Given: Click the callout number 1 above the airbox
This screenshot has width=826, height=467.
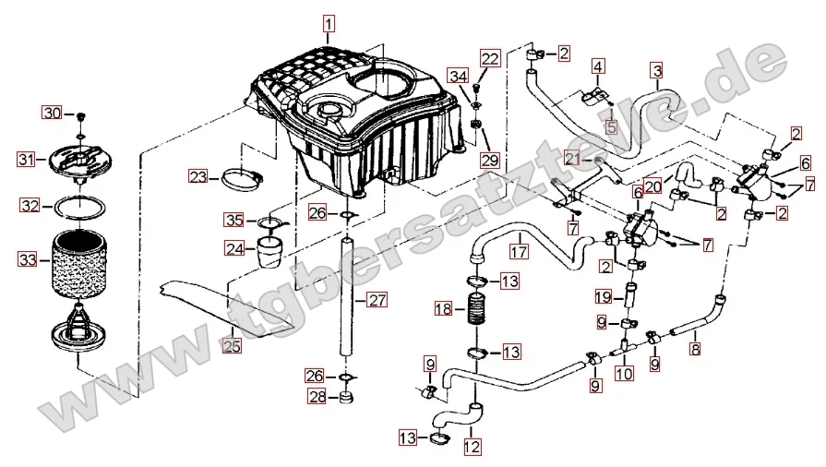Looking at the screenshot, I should click(x=330, y=22).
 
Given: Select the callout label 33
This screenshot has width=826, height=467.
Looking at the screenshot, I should click(x=30, y=260).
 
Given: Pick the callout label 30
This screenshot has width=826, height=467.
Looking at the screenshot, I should click(x=53, y=114).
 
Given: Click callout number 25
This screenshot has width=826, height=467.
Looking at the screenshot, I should click(x=231, y=346).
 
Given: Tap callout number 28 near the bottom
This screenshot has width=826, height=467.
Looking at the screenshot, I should click(x=317, y=397).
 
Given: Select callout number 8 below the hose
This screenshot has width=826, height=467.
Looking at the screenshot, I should click(x=695, y=350).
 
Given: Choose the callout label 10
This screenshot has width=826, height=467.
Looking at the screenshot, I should click(x=624, y=374).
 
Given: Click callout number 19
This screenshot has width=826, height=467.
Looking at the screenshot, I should click(x=603, y=297).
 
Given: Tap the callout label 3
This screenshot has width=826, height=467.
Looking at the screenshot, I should click(x=656, y=70).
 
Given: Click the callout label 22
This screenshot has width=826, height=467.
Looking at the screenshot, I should click(x=490, y=59).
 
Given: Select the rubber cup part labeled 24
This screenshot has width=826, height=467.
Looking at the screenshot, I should click(x=269, y=250).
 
